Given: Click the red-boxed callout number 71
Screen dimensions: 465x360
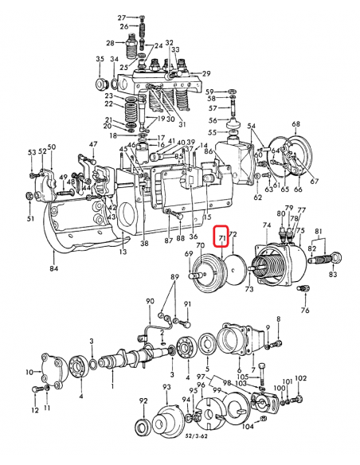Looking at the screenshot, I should [223, 237].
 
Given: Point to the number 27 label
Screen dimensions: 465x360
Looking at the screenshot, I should [122, 17].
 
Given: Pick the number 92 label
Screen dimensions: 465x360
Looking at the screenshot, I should [143, 401].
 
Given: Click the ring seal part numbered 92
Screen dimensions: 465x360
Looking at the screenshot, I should [143, 426].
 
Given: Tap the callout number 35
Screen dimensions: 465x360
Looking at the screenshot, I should [100, 60].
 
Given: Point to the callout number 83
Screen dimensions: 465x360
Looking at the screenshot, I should [332, 275].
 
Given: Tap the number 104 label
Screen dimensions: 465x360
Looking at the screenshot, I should [248, 428].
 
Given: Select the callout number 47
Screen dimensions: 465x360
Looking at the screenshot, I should [93, 144].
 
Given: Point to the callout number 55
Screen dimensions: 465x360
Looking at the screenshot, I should [212, 131].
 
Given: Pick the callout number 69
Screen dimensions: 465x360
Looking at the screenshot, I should [188, 255].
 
